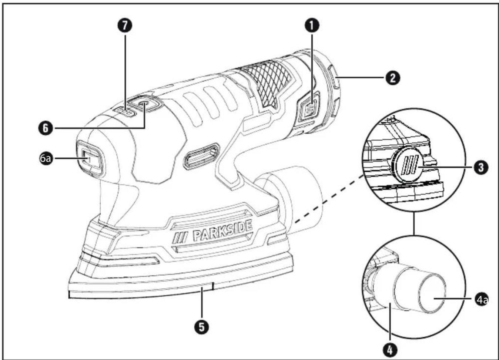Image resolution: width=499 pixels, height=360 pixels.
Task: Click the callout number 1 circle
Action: pos(312,26)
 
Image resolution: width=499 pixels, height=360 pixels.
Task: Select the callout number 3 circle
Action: pos(481,167)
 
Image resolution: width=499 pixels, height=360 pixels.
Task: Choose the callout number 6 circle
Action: pos(46,128)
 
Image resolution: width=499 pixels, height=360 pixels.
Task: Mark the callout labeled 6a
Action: pos(46,158)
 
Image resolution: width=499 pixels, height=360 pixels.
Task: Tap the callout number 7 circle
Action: pos(125,26)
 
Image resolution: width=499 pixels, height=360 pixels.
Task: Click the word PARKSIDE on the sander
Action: pos(223,233)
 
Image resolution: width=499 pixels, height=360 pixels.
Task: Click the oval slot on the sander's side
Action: pos(202,156)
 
